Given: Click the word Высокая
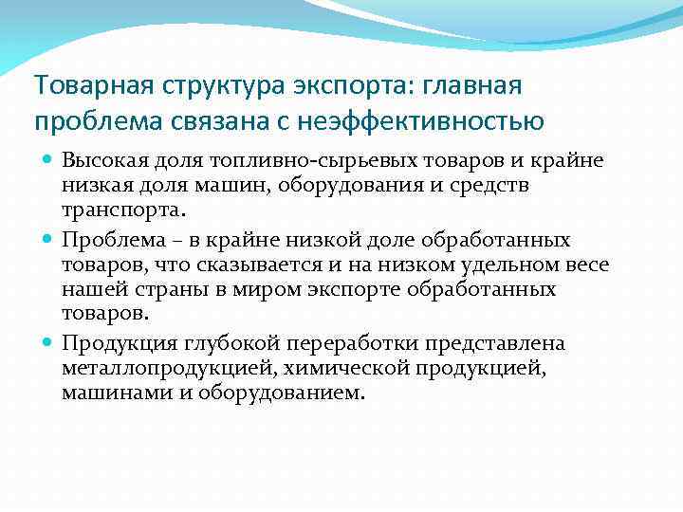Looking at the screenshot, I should pos(102,161).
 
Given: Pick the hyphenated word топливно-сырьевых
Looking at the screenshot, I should pos(275,161).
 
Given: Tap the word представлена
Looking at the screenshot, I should pos(484,343).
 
